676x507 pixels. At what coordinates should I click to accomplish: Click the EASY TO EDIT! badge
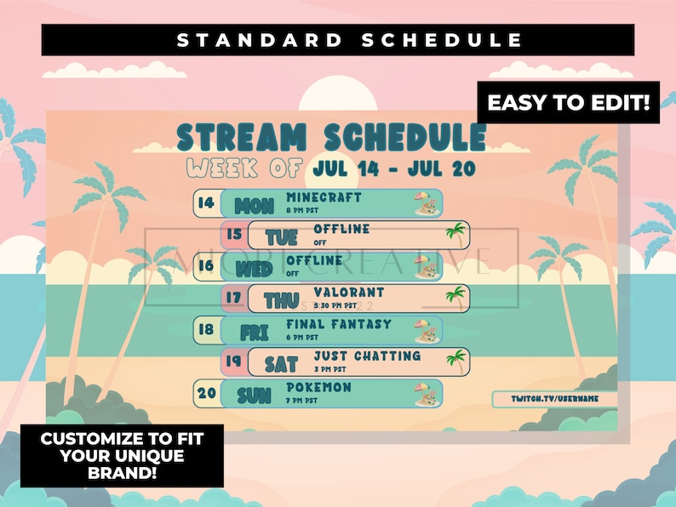(568, 104)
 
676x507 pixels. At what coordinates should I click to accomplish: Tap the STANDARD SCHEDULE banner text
(337, 40)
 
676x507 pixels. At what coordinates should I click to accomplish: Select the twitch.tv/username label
(554, 398)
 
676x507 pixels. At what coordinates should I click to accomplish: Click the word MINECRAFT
(312, 197)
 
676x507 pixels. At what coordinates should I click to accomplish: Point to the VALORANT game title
(348, 292)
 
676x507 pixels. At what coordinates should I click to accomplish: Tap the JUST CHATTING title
(366, 356)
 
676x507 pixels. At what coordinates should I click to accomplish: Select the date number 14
(205, 202)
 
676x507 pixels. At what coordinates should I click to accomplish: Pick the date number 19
(233, 360)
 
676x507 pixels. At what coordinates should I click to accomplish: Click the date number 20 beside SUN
(205, 393)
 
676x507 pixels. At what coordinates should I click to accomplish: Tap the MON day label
(254, 206)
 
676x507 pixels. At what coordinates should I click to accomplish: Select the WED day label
(253, 270)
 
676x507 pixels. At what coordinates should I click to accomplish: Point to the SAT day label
(281, 365)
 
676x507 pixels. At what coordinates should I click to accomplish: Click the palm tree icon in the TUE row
(456, 234)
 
